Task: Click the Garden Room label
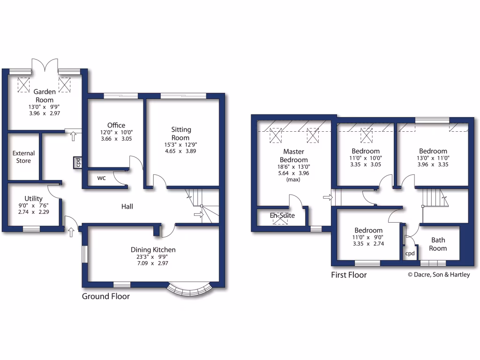click(45, 96)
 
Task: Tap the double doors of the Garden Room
click(45, 66)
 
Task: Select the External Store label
click(23, 157)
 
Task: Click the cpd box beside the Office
click(77, 162)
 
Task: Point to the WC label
click(102, 178)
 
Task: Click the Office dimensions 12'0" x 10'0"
click(116, 133)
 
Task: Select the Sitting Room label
click(181, 134)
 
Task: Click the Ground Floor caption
click(106, 296)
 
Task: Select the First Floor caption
click(349, 275)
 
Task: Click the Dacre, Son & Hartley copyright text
click(438, 275)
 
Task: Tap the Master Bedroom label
click(294, 156)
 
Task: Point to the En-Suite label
click(282, 216)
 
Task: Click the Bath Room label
click(438, 244)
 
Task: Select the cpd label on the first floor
click(410, 253)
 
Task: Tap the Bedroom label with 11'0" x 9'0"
click(368, 230)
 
